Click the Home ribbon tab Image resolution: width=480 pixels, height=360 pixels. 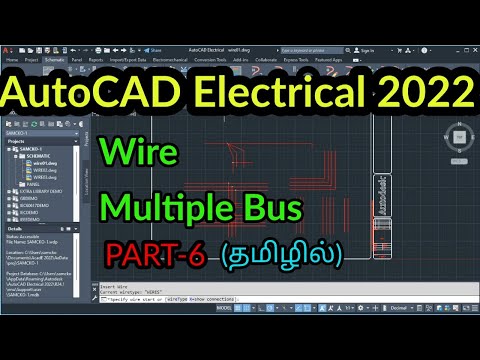(13, 60)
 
